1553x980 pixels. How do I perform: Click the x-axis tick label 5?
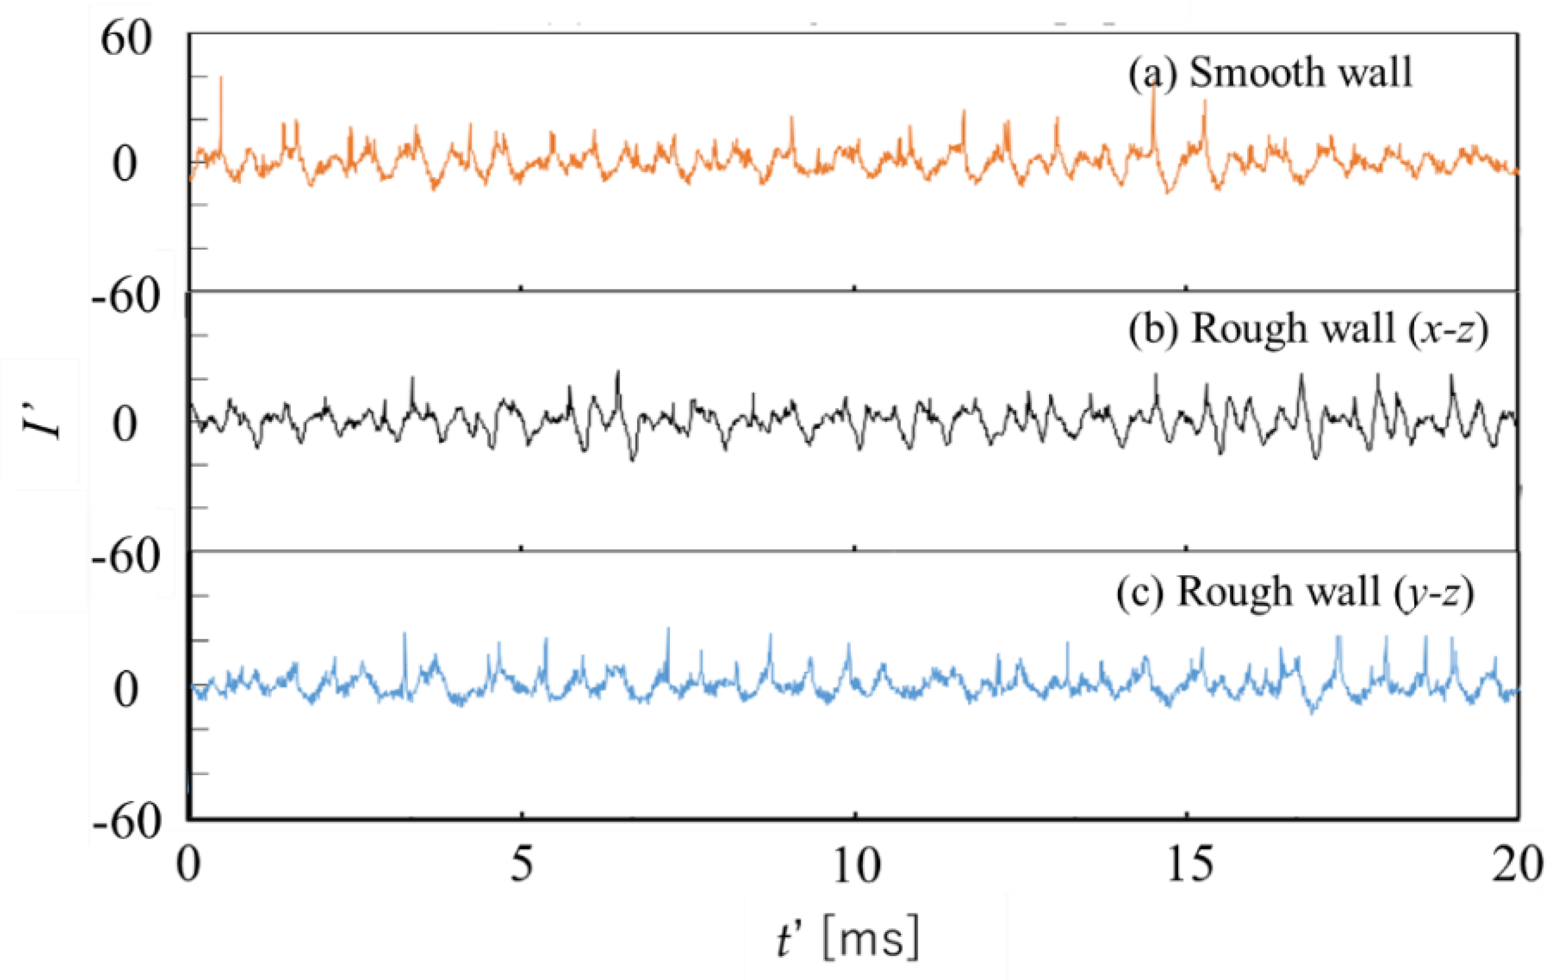pos(522,865)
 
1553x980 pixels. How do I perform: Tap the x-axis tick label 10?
pos(856,866)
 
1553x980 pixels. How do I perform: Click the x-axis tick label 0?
pos(189,865)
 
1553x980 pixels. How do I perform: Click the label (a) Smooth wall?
pos(1270,73)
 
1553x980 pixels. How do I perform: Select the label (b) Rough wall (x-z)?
pos(1308,329)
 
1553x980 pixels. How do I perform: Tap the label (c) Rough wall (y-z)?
pos(1295,592)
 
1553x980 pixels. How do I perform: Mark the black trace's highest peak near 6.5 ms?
pos(618,373)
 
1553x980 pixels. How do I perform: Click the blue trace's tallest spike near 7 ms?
pos(669,629)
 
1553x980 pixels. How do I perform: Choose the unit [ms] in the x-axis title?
pos(870,940)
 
